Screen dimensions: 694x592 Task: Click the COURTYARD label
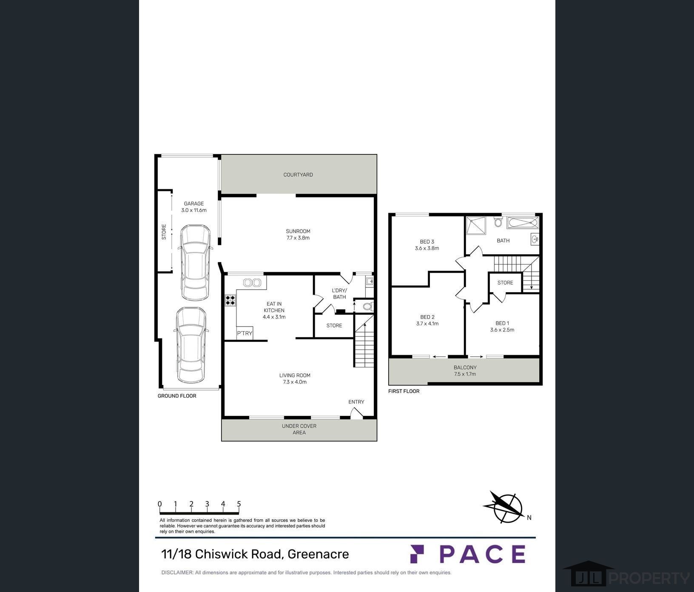[298, 175]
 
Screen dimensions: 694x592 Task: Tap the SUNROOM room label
[298, 231]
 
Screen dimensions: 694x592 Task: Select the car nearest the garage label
[195, 263]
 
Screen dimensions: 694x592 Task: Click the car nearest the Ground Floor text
[191, 345]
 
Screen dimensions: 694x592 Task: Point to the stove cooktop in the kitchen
[230, 300]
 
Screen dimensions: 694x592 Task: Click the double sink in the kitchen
[252, 282]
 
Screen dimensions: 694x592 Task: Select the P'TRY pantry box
[245, 333]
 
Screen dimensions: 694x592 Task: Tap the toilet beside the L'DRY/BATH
[368, 307]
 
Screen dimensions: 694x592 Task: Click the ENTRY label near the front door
[356, 402]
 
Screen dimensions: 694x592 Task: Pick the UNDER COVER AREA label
[299, 429]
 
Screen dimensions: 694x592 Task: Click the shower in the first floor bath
[476, 225]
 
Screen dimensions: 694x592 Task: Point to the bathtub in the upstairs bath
[523, 223]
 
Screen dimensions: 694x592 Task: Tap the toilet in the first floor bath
[498, 222]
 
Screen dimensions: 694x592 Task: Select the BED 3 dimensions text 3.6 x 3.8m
[427, 248]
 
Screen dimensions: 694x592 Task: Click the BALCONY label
[465, 367]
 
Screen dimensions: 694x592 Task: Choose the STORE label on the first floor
[505, 283]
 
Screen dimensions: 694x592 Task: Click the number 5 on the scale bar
[239, 504]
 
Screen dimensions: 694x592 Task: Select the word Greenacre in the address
[318, 554]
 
